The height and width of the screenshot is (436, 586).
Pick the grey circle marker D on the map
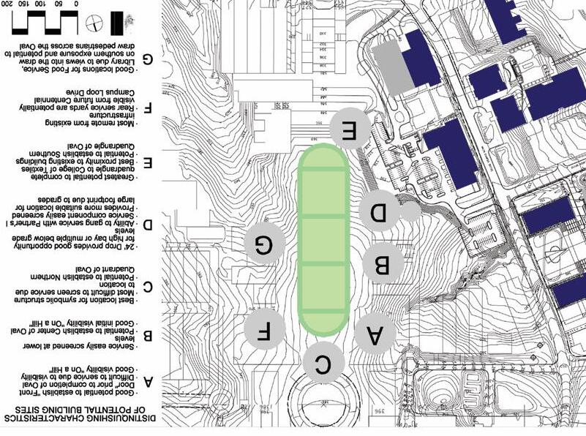[380, 213]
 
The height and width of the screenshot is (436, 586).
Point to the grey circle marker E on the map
[349, 131]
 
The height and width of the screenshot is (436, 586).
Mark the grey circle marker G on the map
[265, 244]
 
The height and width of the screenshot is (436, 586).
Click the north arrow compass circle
[93, 22]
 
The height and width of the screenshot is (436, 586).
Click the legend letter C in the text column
[149, 287]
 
